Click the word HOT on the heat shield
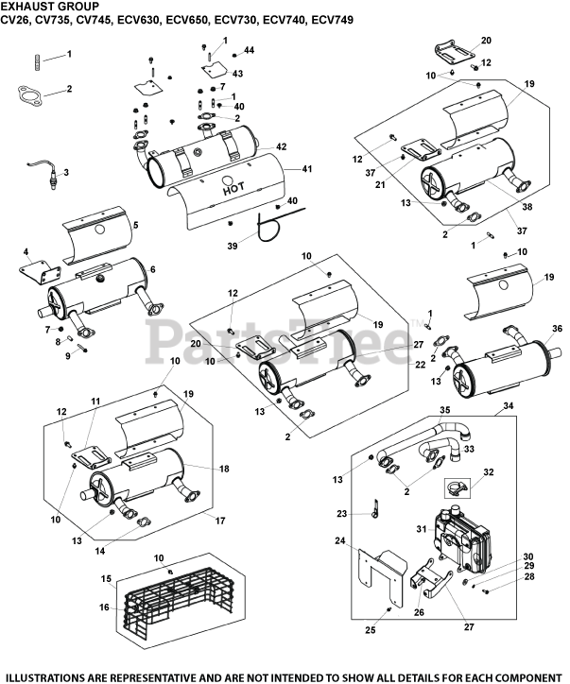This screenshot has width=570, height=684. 233,188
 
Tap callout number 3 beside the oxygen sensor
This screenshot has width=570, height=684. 65,172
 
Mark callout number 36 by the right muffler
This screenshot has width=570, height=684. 557,328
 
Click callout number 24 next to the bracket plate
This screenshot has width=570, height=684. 339,541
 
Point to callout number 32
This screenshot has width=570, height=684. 488,471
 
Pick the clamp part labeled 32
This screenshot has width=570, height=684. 458,488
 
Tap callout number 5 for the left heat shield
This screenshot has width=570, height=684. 135,225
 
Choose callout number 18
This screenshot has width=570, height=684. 224,468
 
